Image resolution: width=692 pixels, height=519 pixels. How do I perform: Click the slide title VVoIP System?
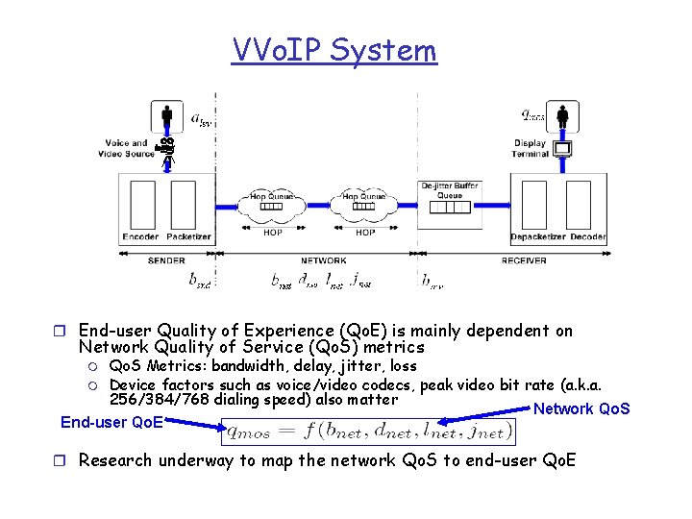pos(334,50)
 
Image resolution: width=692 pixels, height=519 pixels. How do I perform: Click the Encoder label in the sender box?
pos(141,237)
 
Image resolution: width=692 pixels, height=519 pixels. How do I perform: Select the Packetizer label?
pos(188,237)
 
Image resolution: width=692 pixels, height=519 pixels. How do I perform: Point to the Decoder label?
pos(587,237)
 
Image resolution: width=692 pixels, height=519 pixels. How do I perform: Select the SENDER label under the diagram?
pos(166,260)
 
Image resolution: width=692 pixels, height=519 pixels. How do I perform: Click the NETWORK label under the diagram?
pos(324,260)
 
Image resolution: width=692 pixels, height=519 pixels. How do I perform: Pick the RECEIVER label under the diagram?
pos(524,260)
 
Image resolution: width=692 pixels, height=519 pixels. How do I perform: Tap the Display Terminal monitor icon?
pos(563,149)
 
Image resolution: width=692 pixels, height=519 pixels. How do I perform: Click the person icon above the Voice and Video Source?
pos(167,115)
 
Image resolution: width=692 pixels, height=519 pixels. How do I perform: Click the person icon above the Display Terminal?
pos(563,117)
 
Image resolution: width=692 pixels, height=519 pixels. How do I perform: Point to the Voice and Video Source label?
pos(127,149)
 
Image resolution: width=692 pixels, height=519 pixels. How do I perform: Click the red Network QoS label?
pos(581,408)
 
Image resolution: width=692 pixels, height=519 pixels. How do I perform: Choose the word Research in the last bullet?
pos(114,460)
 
